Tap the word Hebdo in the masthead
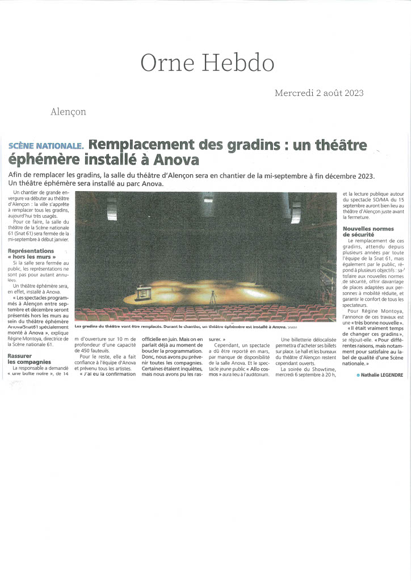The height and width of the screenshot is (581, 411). tap(237, 62)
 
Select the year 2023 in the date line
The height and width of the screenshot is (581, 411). tap(351, 93)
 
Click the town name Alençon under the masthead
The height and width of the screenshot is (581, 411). tap(68, 112)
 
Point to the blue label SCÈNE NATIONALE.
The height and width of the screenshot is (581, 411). tap(46, 146)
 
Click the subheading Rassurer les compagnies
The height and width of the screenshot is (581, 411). tap(30, 358)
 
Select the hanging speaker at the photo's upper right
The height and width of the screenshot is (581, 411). tap(296, 210)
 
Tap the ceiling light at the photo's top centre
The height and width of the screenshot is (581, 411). tap(208, 197)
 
